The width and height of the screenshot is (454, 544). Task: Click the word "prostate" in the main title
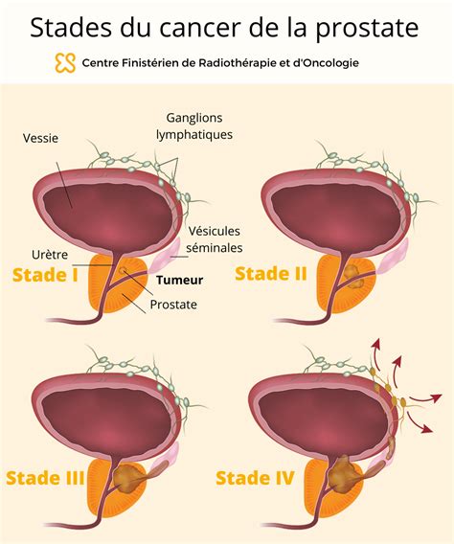(366, 29)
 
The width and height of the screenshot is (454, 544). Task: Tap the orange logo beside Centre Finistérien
(65, 63)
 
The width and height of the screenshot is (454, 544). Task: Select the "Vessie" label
(40, 138)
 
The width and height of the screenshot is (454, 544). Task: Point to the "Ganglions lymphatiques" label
(194, 125)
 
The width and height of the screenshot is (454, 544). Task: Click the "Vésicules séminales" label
(214, 239)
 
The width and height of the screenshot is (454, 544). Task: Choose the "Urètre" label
(50, 255)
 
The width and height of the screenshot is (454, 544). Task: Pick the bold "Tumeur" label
(180, 280)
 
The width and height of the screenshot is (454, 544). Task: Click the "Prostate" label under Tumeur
(173, 305)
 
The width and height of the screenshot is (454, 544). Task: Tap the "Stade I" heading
(45, 275)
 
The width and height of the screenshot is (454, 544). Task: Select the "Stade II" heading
(271, 274)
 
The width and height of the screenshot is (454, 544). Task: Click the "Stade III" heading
(45, 478)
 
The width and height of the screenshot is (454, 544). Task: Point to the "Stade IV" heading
(255, 478)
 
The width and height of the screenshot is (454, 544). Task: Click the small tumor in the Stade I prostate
(122, 270)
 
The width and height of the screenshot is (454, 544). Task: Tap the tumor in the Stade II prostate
(353, 277)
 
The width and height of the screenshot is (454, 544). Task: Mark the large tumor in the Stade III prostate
(127, 479)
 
